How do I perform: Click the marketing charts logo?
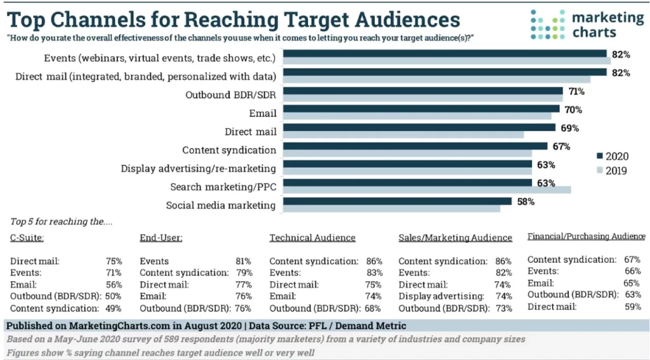click(587, 23)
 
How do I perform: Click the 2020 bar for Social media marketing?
click(397, 201)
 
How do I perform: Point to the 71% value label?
click(576, 91)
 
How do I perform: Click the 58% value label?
click(526, 201)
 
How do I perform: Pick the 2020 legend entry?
click(613, 156)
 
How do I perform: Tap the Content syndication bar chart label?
click(229, 150)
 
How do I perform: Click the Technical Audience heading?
click(312, 237)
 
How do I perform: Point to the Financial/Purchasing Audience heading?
click(586, 236)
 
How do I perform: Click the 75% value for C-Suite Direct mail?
click(114, 261)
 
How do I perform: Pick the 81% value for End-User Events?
click(243, 261)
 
